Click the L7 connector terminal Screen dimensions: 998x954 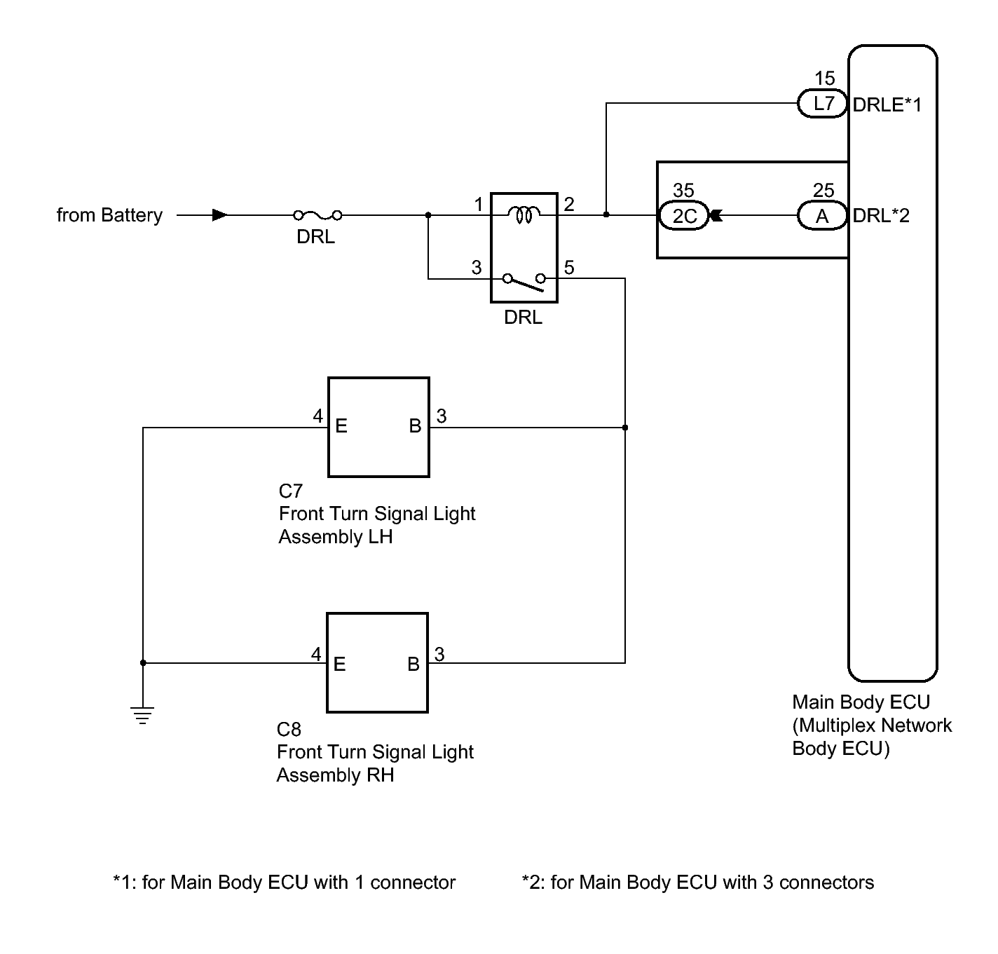[822, 104]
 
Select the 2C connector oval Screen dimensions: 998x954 [683, 216]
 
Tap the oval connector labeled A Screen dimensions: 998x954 [822, 216]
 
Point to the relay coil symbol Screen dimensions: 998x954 [523, 214]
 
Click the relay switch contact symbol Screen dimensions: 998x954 [524, 281]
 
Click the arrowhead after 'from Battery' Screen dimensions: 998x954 [220, 215]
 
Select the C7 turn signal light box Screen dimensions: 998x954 [378, 428]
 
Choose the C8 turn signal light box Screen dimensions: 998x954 [377, 662]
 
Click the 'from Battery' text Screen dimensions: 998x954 [109, 215]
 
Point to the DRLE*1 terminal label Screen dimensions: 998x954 [887, 104]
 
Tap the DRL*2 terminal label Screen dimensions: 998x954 [881, 215]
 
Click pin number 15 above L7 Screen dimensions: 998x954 [825, 78]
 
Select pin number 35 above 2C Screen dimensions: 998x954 [683, 190]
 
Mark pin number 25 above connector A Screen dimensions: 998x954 [823, 190]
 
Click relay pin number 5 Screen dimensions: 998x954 [569, 267]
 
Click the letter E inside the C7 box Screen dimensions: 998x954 [341, 425]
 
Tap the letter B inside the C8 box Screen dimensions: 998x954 [413, 665]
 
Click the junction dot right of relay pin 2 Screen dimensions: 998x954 [606, 214]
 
